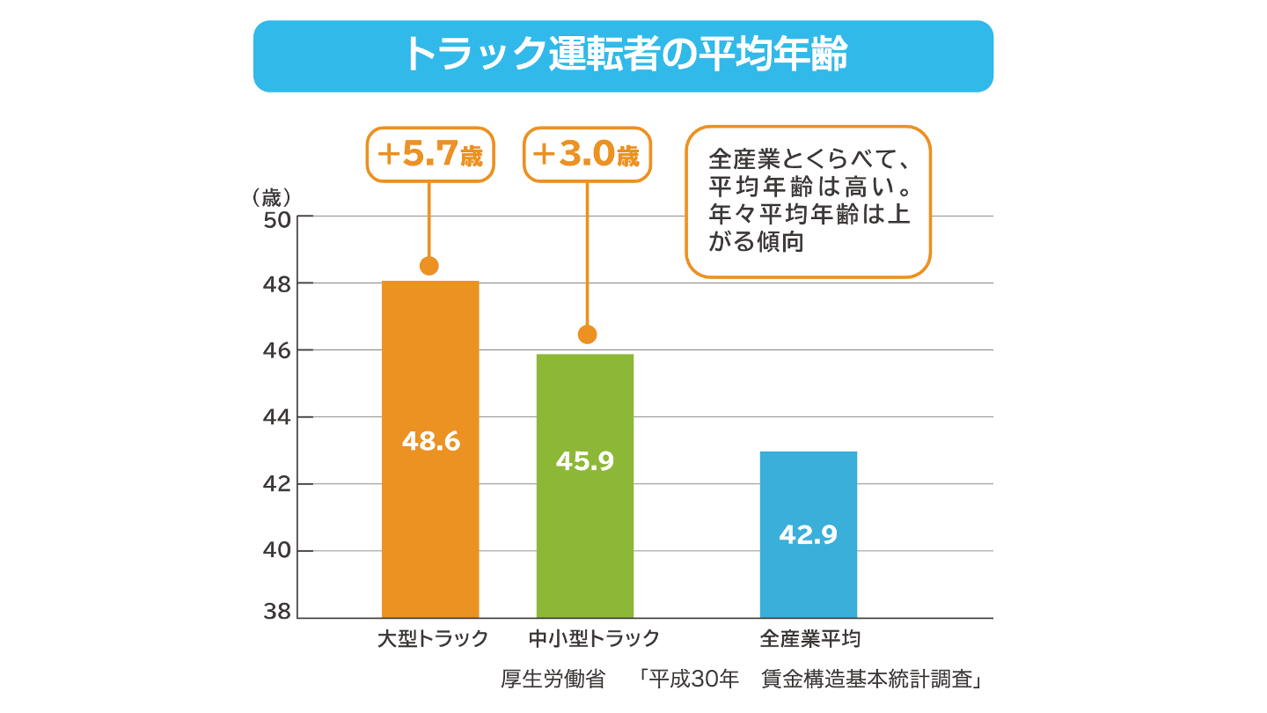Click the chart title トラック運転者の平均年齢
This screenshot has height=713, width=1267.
point(623,55)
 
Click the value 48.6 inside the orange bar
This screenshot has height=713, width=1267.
point(431,442)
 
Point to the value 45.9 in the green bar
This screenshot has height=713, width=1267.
point(585,460)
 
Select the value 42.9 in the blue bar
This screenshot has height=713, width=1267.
point(808,534)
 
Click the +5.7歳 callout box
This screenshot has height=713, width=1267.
point(429,155)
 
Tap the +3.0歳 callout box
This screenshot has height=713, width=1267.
point(587,155)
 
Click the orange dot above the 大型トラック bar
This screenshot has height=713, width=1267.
point(429,266)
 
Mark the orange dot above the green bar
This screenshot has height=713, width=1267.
point(587,334)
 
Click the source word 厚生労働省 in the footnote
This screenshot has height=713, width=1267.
point(553,680)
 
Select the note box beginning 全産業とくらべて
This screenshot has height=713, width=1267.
point(808,202)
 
